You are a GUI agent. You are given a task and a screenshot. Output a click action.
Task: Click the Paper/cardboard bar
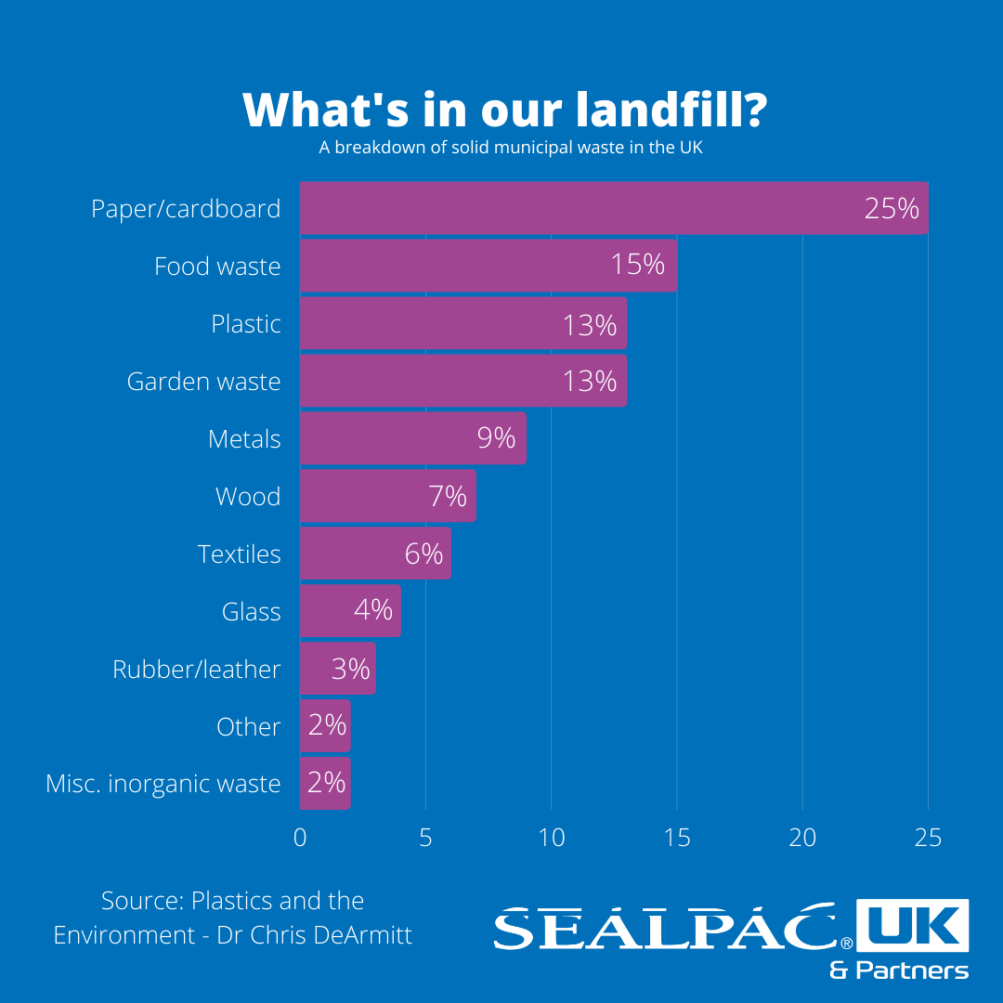[x=576, y=208]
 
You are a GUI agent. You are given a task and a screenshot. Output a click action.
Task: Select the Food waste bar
[x=464, y=266]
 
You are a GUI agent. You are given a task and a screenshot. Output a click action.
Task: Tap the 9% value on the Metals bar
[x=497, y=438]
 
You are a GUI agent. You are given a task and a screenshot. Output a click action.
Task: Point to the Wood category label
[x=248, y=497]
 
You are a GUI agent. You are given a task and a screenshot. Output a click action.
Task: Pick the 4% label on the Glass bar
[x=373, y=611]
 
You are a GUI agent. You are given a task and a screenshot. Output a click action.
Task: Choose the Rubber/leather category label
[x=196, y=670]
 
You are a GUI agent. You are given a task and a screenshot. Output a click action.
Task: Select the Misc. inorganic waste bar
[x=316, y=783]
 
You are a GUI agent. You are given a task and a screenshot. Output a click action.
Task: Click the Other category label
[x=248, y=726]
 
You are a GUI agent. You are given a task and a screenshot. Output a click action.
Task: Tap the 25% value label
[x=891, y=208]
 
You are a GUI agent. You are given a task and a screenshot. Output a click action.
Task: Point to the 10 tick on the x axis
[x=552, y=838]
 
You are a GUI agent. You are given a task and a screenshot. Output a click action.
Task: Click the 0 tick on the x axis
[x=300, y=838]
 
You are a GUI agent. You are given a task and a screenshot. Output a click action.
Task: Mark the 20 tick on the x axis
[x=802, y=838]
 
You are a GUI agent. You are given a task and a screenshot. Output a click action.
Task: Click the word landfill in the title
[x=671, y=110]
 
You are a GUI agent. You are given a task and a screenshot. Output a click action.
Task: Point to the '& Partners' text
[x=899, y=970]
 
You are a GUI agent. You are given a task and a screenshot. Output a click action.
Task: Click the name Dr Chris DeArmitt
[x=315, y=934]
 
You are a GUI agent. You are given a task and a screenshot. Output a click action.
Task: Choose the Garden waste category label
[x=203, y=382]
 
